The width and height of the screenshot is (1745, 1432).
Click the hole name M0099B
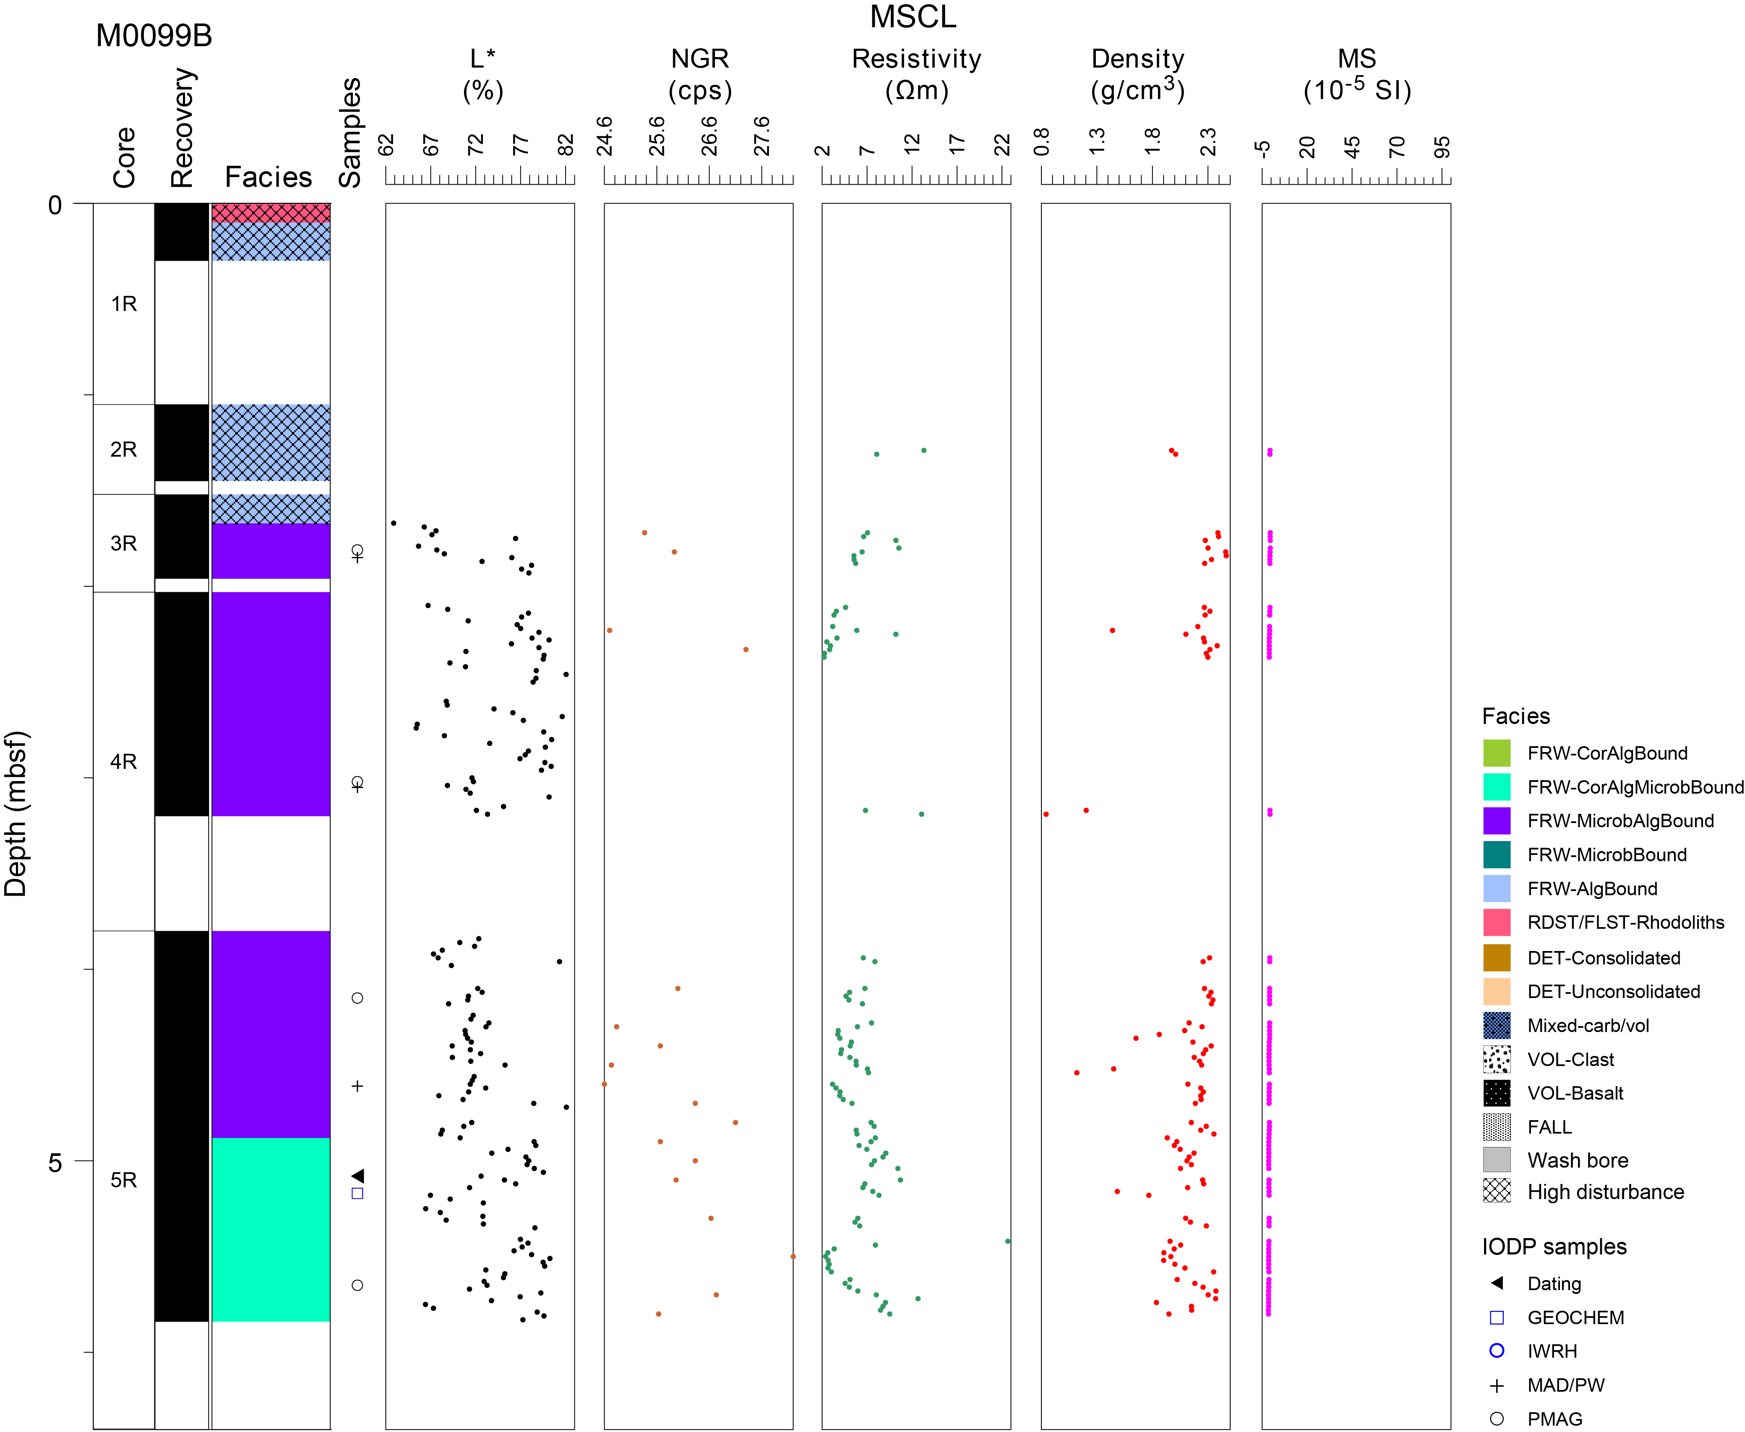(x=154, y=36)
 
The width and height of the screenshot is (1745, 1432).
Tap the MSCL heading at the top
(x=913, y=16)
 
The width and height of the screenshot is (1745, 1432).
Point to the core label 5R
(x=124, y=1180)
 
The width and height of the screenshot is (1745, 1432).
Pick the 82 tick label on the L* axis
(x=565, y=145)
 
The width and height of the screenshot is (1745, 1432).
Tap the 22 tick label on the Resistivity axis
(x=1002, y=145)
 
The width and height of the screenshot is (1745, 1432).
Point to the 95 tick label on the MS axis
(x=1442, y=147)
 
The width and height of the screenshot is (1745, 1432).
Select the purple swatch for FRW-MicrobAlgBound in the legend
(x=1497, y=821)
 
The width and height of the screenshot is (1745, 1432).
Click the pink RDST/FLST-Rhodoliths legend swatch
(x=1497, y=922)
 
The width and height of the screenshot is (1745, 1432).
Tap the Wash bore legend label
(x=1578, y=1160)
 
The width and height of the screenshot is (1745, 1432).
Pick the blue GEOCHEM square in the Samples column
(x=357, y=1193)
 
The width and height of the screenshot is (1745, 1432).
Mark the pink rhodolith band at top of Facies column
(x=271, y=213)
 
